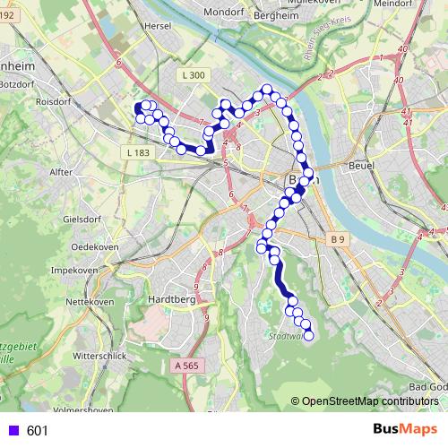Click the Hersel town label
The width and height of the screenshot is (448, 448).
(x=162, y=28)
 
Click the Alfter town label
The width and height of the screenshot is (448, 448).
(x=61, y=170)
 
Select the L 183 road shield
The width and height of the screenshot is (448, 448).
(x=138, y=153)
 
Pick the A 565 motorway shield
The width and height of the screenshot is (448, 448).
(x=186, y=365)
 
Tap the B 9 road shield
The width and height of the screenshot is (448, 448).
(x=336, y=239)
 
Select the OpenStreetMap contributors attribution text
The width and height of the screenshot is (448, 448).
(x=370, y=401)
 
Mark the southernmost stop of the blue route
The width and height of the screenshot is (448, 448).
(x=310, y=336)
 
